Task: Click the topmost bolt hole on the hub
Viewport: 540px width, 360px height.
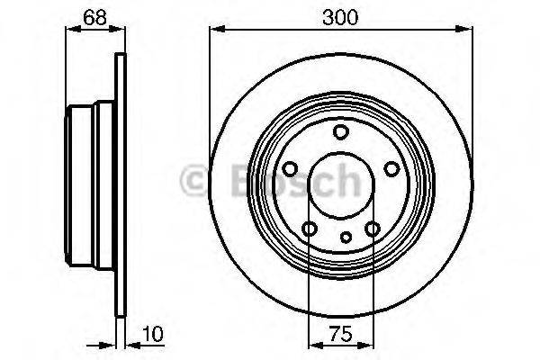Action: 341,133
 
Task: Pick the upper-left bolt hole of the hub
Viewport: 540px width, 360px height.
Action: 291,169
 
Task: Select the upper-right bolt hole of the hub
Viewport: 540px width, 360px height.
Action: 391,169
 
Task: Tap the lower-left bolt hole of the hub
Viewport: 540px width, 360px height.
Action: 310,229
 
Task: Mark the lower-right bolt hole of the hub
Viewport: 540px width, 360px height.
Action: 373,229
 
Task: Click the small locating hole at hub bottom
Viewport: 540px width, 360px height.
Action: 346,238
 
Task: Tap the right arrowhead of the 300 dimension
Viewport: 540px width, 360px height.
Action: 467,31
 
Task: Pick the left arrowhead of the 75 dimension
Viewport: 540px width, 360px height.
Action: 313,345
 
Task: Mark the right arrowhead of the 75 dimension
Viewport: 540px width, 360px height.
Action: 369,345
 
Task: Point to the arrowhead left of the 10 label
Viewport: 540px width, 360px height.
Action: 114,345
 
